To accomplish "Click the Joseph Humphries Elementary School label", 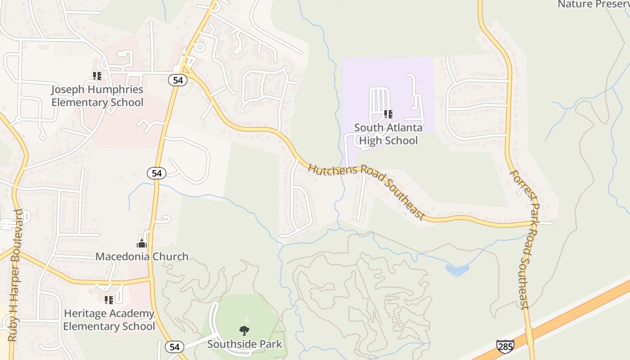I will [97, 96].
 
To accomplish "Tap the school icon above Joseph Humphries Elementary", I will [97, 76].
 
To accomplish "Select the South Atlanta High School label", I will [388, 134].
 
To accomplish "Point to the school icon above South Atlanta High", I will [388, 114].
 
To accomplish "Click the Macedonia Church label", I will [142, 256].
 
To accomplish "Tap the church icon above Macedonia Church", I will [142, 244].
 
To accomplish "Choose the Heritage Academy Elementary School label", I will [109, 320].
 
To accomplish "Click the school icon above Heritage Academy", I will [109, 300].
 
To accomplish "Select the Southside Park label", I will [244, 344].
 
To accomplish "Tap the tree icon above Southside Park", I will [244, 331].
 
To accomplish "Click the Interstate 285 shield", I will [505, 346].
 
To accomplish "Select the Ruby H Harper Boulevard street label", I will [15, 274].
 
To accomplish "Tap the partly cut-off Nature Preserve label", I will [593, 4].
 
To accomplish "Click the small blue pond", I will [457, 270].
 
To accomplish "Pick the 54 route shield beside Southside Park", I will [175, 347].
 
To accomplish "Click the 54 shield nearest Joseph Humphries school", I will [177, 80].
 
